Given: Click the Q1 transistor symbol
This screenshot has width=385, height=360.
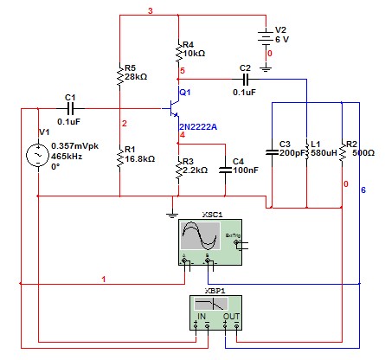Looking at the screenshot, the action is coord(174,108).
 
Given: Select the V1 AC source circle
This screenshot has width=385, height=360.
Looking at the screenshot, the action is coord(38,155).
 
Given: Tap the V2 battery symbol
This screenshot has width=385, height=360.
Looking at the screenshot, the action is coord(266,36).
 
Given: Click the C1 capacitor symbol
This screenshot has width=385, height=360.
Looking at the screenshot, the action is coord(70,109).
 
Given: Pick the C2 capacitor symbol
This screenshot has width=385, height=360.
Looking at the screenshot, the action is coord(246,79).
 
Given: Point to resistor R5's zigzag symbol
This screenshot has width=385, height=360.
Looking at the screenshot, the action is coord(120,74).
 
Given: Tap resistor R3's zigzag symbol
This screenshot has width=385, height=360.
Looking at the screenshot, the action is coord(178,170).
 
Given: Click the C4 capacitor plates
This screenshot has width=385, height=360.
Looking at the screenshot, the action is coord(225,170).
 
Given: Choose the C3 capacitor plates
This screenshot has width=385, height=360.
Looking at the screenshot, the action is coord(272,152).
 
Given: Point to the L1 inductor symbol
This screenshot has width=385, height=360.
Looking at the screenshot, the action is coord(307,150).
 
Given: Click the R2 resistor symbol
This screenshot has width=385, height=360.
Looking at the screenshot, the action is coord(342,152).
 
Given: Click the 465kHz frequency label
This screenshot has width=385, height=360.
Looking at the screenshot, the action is coord(67,157).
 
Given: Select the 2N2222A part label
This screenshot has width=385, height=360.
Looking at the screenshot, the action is coord(198,126).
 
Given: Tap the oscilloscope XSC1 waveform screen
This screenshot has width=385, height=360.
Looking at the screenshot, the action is coord(201,236).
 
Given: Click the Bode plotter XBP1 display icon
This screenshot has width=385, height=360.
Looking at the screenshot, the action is coord(210,304).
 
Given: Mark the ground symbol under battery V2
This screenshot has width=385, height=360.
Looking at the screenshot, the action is coord(266,68).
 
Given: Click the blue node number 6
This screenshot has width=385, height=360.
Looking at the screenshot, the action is coord(363,190).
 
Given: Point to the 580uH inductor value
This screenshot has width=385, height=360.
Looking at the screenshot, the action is coord(324,152).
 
